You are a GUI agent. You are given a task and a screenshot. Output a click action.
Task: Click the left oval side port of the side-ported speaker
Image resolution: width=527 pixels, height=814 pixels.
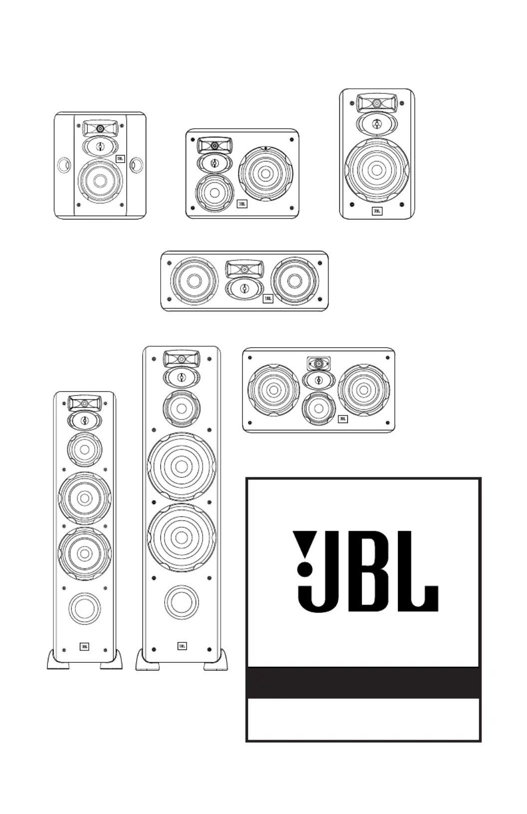coord(64,165)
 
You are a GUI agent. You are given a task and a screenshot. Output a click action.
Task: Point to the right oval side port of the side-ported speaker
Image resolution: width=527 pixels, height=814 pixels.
coord(136,165)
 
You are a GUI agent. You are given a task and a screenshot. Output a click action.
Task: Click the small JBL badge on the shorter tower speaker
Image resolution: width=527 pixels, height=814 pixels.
coord(84,646)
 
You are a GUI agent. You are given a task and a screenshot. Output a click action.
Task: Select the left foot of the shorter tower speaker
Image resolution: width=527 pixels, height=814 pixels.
coord(58,660)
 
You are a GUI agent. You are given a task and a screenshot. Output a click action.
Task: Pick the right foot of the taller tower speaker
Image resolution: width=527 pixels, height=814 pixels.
coord(216,660)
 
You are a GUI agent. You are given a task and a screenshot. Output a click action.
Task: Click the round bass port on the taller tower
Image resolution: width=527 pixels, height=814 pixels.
coord(182,602)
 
